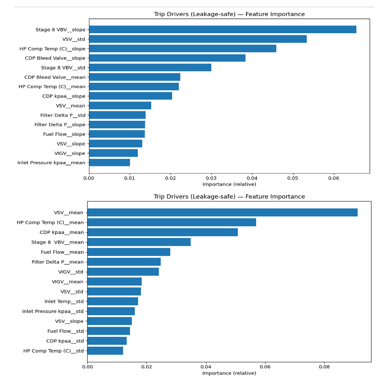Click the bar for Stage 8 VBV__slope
222,30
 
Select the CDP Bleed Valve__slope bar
167,58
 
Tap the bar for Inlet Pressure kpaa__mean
109,163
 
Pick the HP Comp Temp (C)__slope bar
182,48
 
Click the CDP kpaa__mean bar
162,232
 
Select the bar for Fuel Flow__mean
129,252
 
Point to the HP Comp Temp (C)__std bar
105,351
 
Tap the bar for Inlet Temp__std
113,301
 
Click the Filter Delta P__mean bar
124,262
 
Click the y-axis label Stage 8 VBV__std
63,68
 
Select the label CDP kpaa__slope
64,96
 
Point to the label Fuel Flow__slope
64,134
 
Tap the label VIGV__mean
68,281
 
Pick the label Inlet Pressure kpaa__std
53,311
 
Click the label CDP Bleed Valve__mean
55,77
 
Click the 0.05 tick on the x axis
293,178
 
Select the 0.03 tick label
211,178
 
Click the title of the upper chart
229,14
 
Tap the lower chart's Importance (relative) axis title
229,373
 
